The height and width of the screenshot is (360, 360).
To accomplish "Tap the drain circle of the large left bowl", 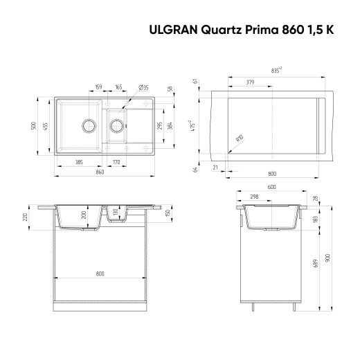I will (x=89, y=126).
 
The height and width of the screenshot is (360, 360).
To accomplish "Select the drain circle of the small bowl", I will (x=117, y=126).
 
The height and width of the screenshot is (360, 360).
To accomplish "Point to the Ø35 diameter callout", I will (x=144, y=88).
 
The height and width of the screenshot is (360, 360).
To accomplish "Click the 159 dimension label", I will (x=98, y=88).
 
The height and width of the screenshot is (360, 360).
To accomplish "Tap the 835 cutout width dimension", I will (x=276, y=70).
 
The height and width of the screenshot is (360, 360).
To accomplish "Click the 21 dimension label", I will (x=215, y=167).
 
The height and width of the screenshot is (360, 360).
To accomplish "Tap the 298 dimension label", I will (x=253, y=197).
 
